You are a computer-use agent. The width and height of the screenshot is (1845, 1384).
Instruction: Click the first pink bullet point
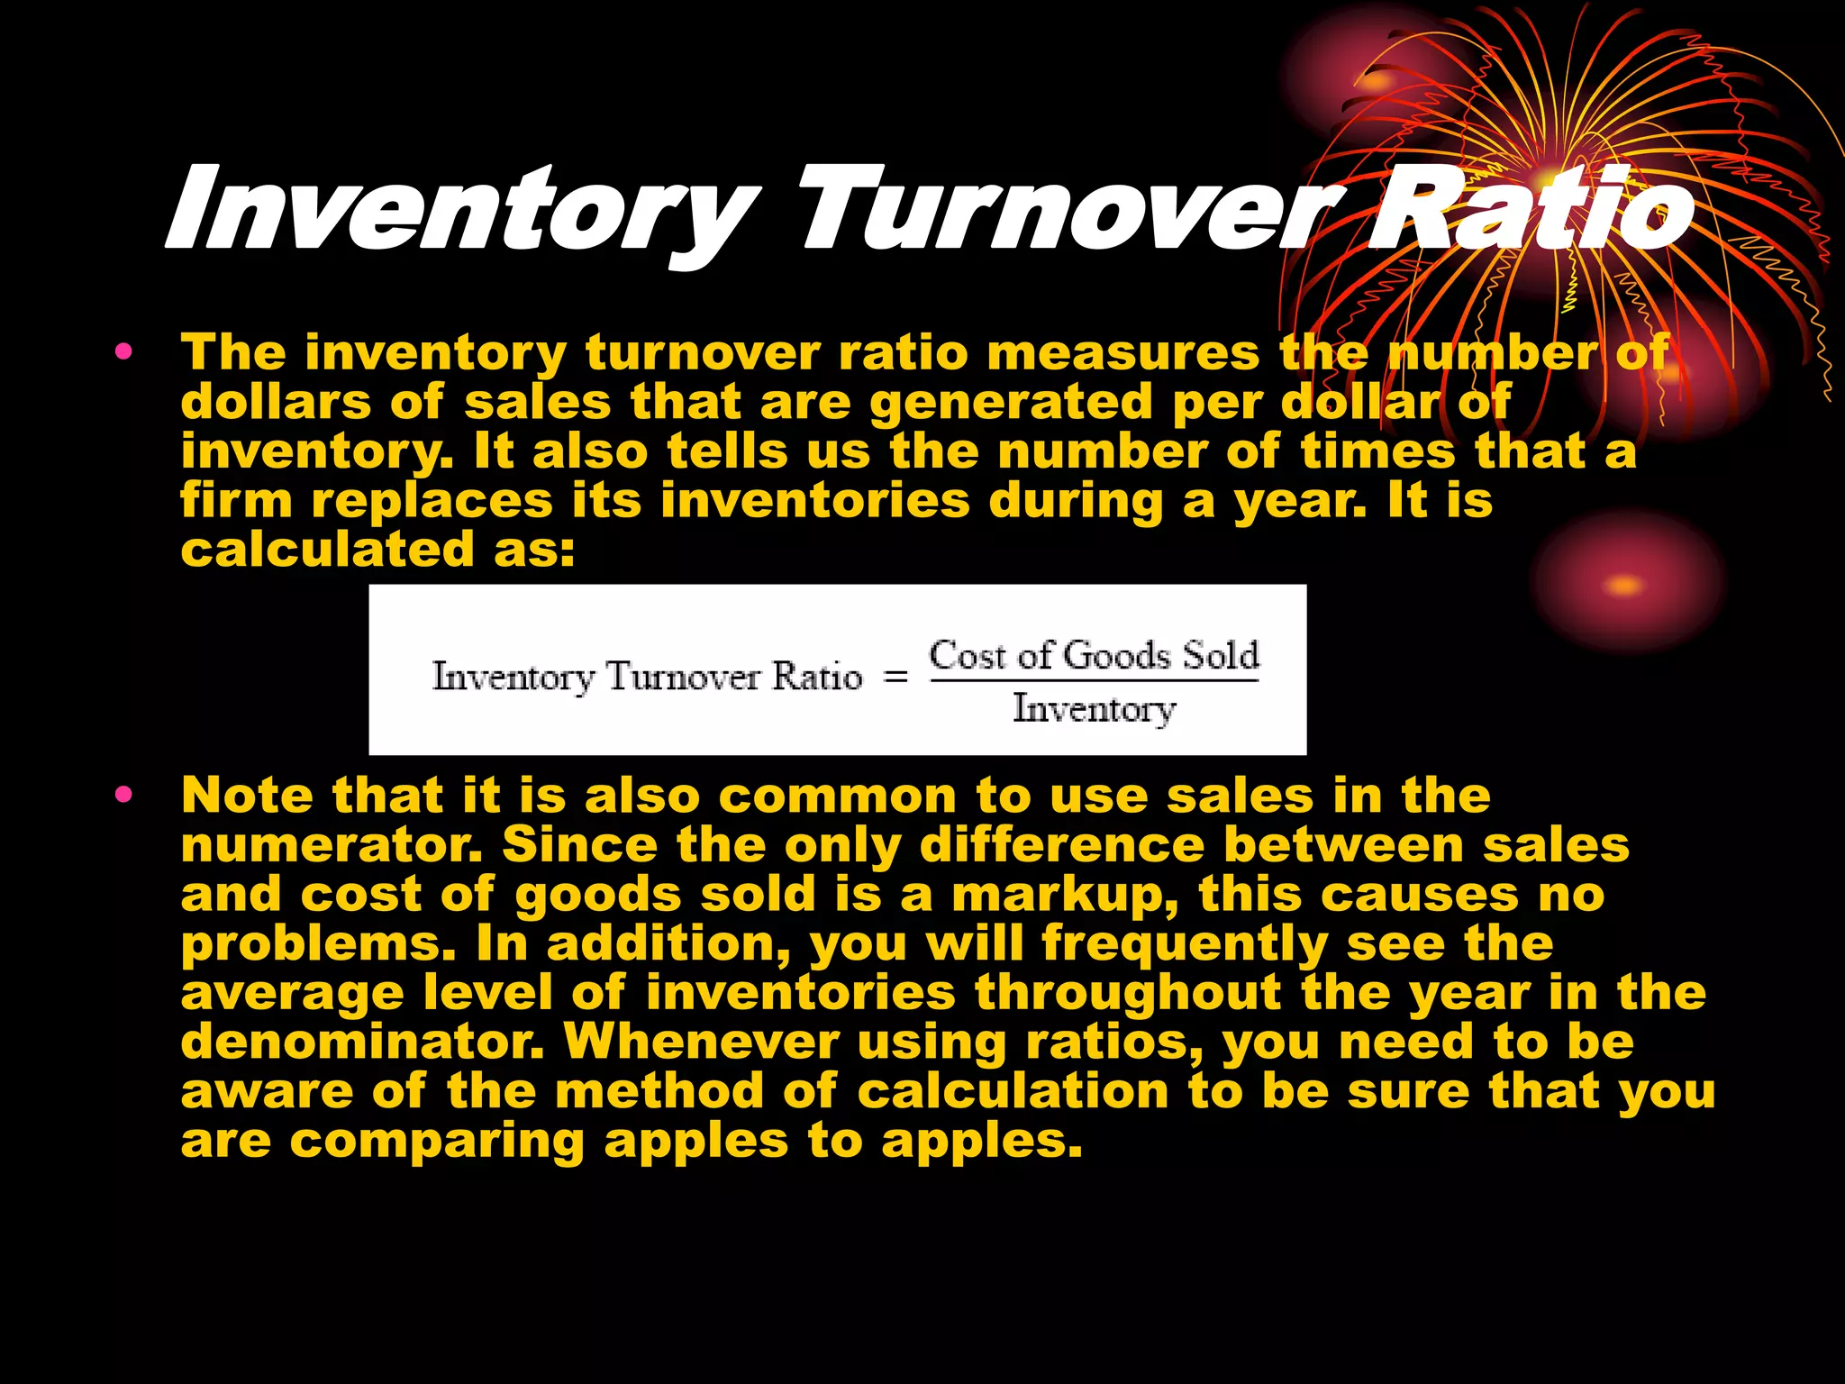pos(123,351)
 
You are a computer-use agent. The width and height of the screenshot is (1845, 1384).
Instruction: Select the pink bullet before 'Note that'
pos(123,795)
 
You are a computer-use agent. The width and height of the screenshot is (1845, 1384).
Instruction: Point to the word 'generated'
pos(1011,403)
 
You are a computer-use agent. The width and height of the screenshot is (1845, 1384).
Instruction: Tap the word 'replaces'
pos(432,501)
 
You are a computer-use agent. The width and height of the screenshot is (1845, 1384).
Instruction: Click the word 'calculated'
pos(327,550)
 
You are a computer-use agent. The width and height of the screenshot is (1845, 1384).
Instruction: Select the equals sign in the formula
pos(895,677)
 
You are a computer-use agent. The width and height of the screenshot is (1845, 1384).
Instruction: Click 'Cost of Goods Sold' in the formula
pos(1094,655)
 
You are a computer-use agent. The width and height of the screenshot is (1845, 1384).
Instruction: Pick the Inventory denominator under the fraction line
pos(1094,709)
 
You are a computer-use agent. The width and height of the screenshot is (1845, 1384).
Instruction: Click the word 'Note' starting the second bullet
pos(248,796)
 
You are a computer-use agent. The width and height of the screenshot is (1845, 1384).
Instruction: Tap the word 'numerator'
pos(331,846)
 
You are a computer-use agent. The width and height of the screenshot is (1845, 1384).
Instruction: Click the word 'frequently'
pos(1185,944)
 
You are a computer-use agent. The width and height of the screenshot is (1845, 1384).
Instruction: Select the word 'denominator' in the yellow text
pos(362,1043)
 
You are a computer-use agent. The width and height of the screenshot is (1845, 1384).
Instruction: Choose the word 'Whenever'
pos(701,1043)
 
